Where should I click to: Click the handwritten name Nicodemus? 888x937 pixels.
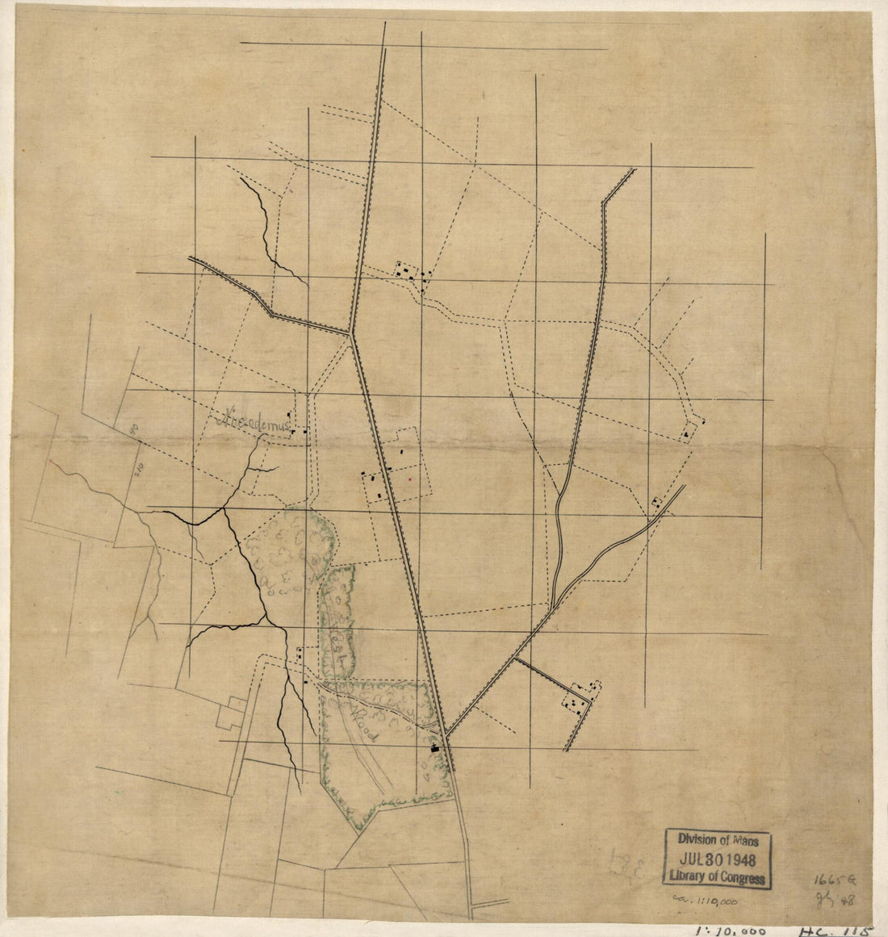tap(254, 420)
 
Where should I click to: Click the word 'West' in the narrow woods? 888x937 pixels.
tap(337, 638)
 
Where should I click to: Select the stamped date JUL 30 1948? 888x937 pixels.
tap(717, 859)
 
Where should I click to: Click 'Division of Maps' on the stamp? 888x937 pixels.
tap(717, 840)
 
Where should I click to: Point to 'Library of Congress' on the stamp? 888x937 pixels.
tap(717, 876)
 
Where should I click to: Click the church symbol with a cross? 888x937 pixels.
tap(437, 747)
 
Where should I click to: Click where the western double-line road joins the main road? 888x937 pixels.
tap(350, 332)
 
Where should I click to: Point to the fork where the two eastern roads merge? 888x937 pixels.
tap(555, 605)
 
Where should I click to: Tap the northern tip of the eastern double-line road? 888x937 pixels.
tap(634, 169)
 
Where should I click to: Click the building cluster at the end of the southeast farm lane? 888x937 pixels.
tap(583, 696)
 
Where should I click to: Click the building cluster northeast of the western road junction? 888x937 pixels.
tap(412, 274)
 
